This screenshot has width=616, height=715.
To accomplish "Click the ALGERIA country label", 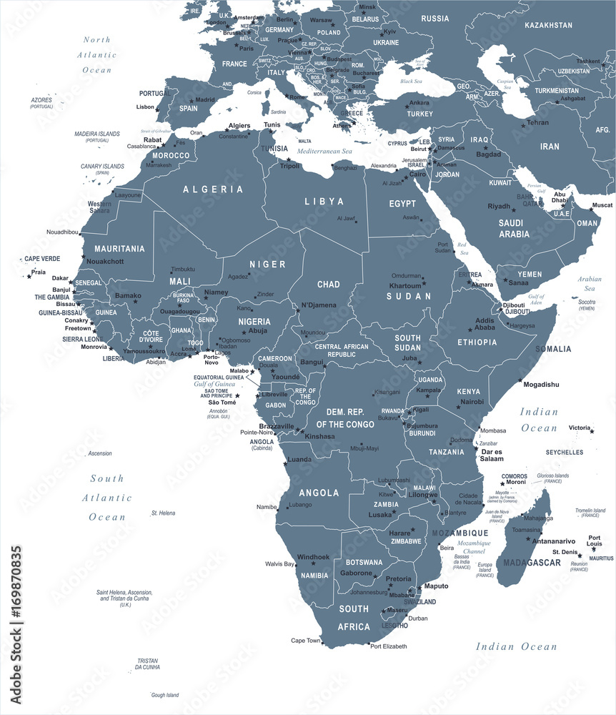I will click(213, 189).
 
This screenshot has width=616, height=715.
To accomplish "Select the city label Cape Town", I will click(305, 640).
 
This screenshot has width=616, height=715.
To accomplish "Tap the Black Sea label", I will click(411, 81).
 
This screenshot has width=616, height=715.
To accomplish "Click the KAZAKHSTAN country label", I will click(548, 25).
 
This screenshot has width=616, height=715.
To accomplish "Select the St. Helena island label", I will click(163, 513).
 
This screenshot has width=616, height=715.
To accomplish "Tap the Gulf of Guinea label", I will click(215, 384).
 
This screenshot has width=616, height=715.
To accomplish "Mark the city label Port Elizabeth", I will click(388, 646).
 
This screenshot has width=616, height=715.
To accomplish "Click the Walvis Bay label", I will click(280, 564).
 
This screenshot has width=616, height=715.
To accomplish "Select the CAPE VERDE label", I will click(42, 259).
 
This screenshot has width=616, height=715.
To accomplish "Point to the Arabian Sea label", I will click(590, 284).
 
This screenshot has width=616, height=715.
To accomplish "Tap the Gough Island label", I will click(165, 695).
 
